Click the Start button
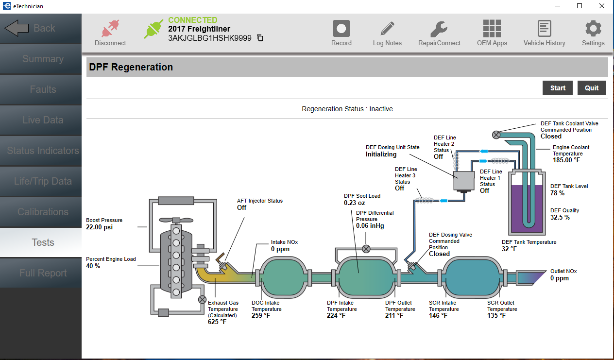pyautogui.click(x=558, y=88)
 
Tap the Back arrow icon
pyautogui.click(x=17, y=28)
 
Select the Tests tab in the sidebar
pyautogui.click(x=43, y=242)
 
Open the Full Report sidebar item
pyautogui.click(x=43, y=273)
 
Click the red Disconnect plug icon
pyautogui.click(x=110, y=29)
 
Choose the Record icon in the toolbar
pyautogui.click(x=341, y=29)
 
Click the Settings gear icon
pyautogui.click(x=593, y=29)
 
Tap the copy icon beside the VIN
pyautogui.click(x=260, y=38)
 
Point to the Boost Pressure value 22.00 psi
pyautogui.click(x=100, y=227)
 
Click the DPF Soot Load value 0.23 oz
pyautogui.click(x=355, y=203)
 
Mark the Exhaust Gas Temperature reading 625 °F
pyautogui.click(x=217, y=322)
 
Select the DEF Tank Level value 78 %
pyautogui.click(x=557, y=193)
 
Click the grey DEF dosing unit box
pyautogui.click(x=463, y=181)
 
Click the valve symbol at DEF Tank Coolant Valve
pyautogui.click(x=496, y=135)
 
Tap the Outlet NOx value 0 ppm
pyautogui.click(x=559, y=278)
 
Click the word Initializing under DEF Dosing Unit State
pyautogui.click(x=381, y=154)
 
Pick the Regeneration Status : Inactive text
pyautogui.click(x=347, y=109)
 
